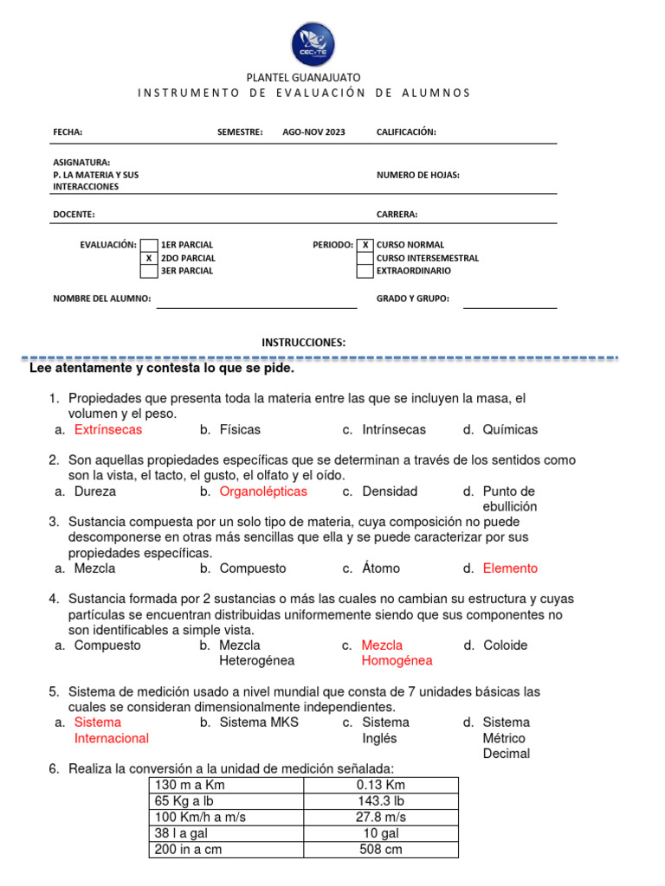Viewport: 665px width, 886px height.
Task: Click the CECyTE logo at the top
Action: coord(313,45)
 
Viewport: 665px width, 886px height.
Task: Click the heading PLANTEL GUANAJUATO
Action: coord(304,78)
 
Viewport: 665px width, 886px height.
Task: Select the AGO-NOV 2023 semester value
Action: coord(313,132)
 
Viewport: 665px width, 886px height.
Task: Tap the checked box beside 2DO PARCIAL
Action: coord(149,258)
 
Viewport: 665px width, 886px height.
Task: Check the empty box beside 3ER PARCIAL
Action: coord(149,271)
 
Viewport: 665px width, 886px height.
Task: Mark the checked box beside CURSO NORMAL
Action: coord(365,245)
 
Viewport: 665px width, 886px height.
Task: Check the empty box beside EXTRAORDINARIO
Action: coord(365,271)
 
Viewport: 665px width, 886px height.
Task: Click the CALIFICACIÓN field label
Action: coord(406,132)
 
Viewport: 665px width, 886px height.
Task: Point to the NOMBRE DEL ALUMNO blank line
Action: coord(256,305)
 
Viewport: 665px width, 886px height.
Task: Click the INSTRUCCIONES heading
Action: coord(303,343)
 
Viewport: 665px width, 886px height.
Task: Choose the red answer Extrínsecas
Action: coord(108,429)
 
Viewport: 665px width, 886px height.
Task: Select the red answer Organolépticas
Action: coord(263,491)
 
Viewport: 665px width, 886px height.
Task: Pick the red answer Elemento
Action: coord(510,568)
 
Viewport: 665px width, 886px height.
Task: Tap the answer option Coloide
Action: coord(505,645)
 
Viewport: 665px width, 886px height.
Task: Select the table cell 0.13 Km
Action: coord(381,785)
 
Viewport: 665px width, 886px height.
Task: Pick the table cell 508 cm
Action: coord(381,849)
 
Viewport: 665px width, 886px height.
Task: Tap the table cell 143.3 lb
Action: coord(381,801)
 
